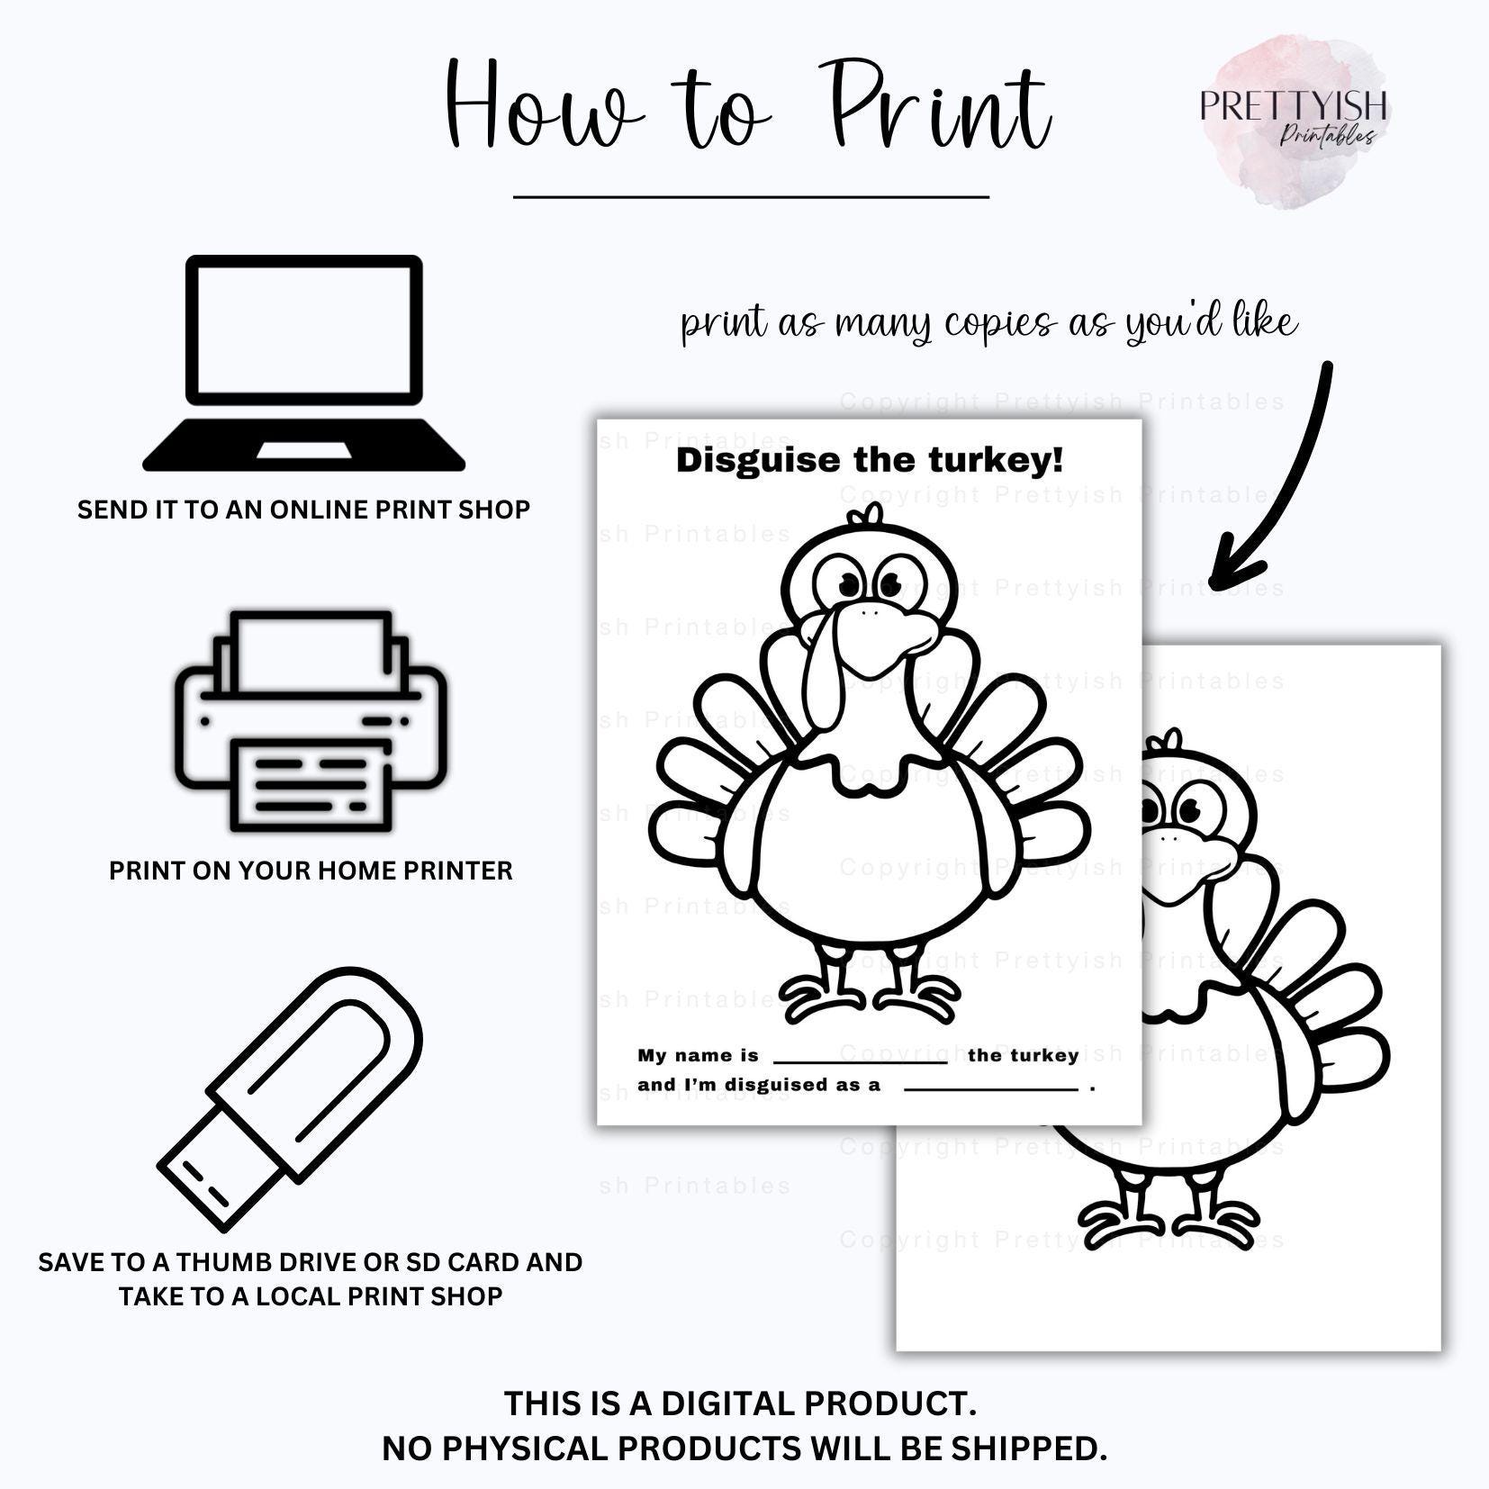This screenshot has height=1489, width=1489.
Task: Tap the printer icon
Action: [311, 721]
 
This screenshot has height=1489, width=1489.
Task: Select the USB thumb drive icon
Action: [291, 1098]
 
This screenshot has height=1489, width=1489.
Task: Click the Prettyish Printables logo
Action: [1293, 117]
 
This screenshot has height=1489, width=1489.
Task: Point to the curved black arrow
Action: [1278, 477]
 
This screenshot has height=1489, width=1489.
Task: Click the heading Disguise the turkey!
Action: [870, 460]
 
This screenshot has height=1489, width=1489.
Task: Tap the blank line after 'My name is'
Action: [860, 1061]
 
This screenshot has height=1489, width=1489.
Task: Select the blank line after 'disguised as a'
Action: [990, 1089]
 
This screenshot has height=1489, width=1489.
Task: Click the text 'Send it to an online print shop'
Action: [303, 510]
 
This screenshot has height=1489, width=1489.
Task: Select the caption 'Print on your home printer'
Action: [311, 871]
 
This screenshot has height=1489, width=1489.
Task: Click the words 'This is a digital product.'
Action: [740, 1403]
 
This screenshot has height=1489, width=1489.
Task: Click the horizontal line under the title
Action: [751, 195]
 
